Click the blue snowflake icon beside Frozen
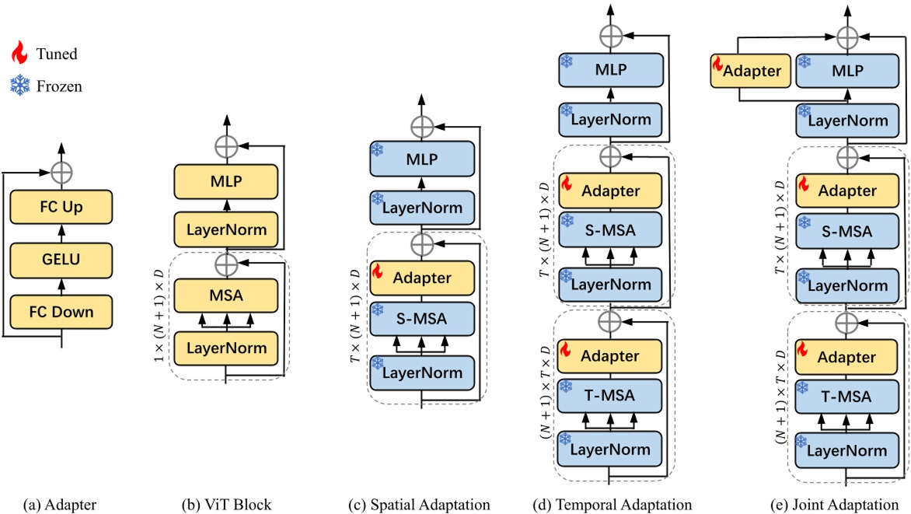tap(19, 86)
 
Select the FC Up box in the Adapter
tap(61, 208)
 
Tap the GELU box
tap(61, 260)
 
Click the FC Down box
tap(61, 312)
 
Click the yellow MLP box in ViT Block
tap(226, 182)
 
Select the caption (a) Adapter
tap(61, 505)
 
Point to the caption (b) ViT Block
tap(227, 505)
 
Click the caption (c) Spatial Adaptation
tap(420, 505)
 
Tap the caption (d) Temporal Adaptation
tap(612, 505)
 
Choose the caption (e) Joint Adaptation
tap(805, 505)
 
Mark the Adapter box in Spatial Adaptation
tap(421, 278)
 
